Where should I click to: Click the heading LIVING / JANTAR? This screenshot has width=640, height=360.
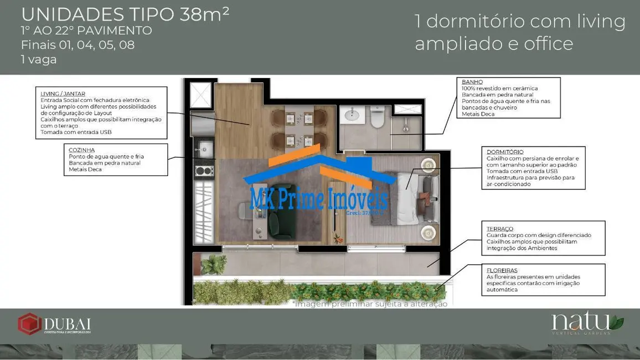pyautogui.click(x=63, y=94)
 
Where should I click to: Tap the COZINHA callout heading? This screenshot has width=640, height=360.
pyautogui.click(x=81, y=150)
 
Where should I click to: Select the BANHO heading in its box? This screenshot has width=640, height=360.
pyautogui.click(x=472, y=82)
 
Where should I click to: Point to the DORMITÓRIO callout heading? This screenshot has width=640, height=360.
pyautogui.click(x=505, y=152)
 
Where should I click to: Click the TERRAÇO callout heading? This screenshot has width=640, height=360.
pyautogui.click(x=500, y=229)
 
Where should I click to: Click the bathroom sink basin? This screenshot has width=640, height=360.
pyautogui.click(x=350, y=115)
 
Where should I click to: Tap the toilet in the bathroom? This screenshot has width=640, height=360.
pyautogui.click(x=378, y=117)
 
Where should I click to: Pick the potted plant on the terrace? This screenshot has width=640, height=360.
pyautogui.click(x=213, y=264)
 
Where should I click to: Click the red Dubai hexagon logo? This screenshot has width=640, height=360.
pyautogui.click(x=29, y=324)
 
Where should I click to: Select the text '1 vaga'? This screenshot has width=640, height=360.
pyautogui.click(x=39, y=59)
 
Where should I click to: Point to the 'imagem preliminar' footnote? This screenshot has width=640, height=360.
pyautogui.click(x=370, y=304)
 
